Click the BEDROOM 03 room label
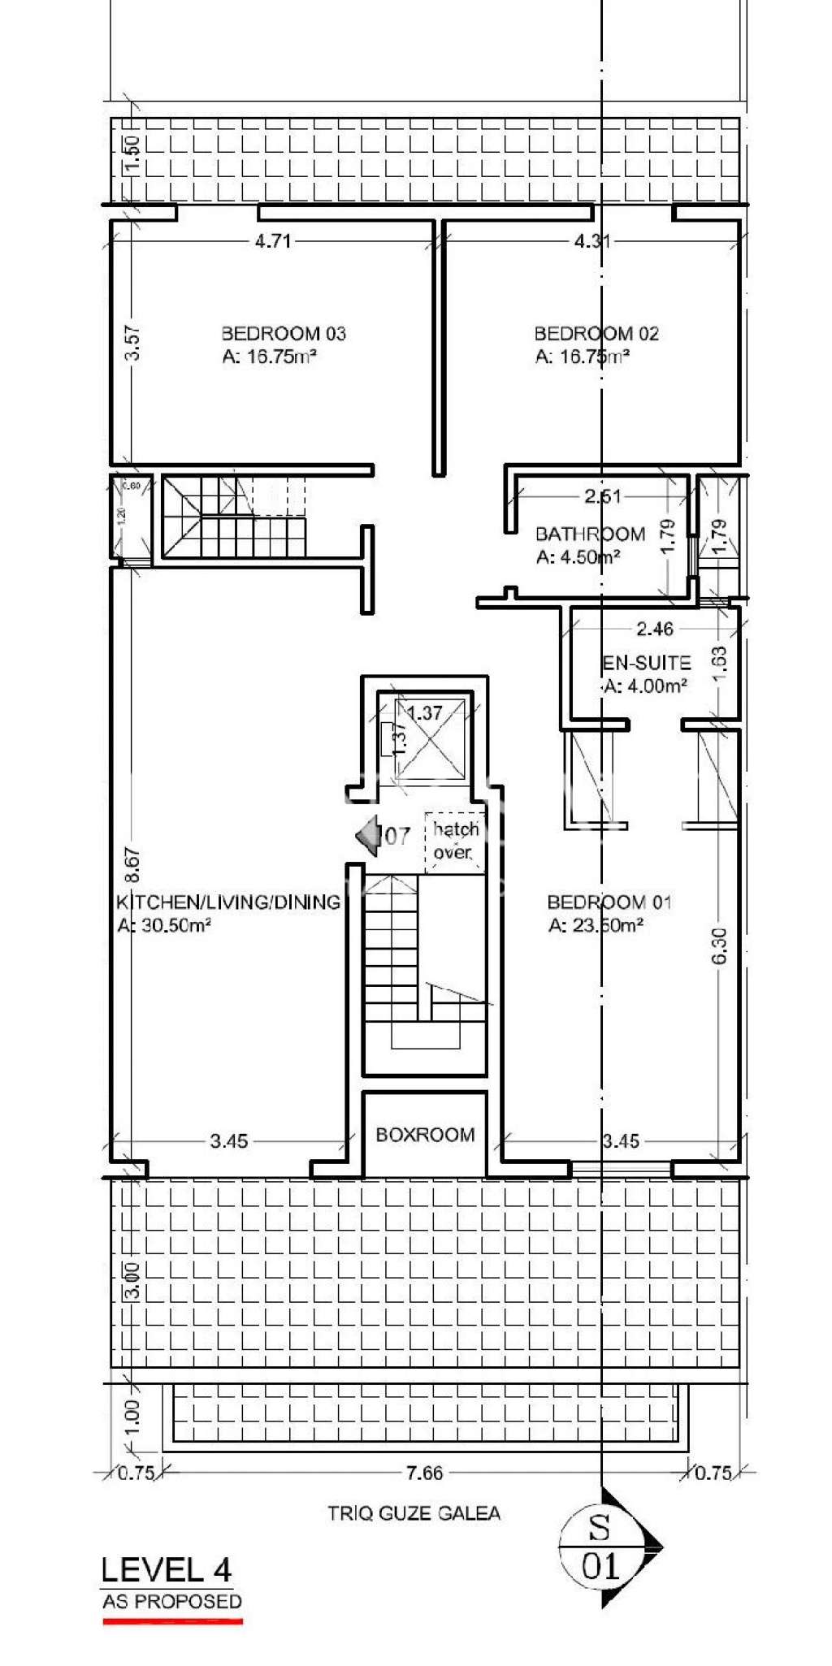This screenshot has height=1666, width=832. coord(283,333)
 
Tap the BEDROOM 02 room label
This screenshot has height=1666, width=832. coord(596,333)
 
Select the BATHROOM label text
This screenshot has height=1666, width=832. coord(590,534)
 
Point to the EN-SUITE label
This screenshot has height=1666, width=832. coord(646,663)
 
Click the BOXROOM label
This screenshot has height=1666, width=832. coord(425,1135)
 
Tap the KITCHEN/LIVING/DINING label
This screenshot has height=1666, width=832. coord(228,902)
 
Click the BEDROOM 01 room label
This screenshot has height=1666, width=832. coord(609,902)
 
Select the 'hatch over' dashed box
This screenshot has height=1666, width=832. coord(454,842)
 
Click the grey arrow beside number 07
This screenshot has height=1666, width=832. coord(369,835)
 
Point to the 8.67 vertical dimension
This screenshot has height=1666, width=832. coord(132,865)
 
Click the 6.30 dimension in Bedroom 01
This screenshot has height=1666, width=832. coord(719,946)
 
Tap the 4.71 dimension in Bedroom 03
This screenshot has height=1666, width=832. coord(272,241)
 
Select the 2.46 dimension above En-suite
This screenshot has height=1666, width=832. coord(655,629)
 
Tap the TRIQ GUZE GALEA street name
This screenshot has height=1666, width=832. coord(414,1513)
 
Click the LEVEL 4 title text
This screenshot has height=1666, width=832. coord(167,1569)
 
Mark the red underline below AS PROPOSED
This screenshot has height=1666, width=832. coord(172,1621)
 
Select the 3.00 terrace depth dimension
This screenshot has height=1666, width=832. coord(132,1281)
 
